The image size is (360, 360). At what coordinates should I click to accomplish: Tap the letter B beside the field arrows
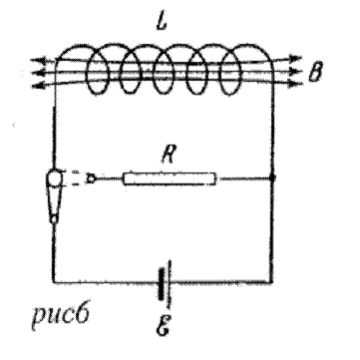click(315, 72)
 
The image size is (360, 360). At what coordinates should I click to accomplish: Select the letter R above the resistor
click(168, 156)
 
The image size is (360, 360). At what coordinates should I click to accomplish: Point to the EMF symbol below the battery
click(163, 325)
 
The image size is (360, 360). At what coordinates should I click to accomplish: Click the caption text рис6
click(60, 315)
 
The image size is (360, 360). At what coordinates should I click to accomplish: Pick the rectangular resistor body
click(170, 179)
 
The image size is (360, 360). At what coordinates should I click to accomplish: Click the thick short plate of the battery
click(162, 284)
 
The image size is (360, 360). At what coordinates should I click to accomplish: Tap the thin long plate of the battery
click(171, 283)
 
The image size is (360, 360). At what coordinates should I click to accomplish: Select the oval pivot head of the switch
click(54, 179)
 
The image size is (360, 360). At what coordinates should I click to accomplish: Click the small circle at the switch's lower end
click(54, 218)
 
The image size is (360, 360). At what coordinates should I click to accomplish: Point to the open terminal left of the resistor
click(92, 179)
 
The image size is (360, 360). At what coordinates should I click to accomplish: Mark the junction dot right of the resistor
click(272, 179)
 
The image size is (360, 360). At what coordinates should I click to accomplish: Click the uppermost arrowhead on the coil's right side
click(295, 58)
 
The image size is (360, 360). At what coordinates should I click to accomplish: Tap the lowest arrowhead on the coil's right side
click(295, 84)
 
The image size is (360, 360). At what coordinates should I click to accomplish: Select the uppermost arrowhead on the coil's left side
click(38, 61)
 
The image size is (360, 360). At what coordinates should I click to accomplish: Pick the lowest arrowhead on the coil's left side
click(38, 86)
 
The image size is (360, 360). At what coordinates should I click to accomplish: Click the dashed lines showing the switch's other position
click(75, 179)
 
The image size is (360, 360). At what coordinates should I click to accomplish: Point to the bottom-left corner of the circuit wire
click(53, 282)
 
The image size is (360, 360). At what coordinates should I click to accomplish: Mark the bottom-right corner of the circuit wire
click(272, 282)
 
